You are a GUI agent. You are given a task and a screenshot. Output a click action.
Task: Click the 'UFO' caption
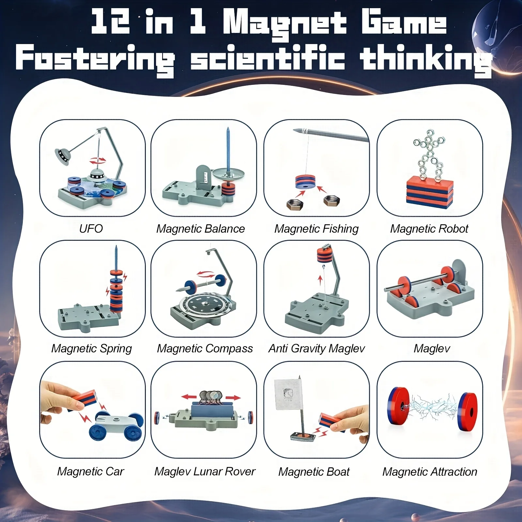point(91,228)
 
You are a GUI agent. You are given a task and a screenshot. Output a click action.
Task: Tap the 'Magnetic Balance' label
point(200,229)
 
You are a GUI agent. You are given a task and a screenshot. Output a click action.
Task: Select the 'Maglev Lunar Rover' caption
point(205,471)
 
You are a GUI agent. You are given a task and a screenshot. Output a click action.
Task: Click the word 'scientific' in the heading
point(268,58)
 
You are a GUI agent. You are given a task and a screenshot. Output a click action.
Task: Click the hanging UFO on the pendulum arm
point(62,156)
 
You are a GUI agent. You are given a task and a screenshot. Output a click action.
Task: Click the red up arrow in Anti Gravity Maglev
point(320,279)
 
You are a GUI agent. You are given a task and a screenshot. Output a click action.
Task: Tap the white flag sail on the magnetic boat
point(288,394)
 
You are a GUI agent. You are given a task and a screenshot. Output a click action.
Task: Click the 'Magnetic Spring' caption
point(91,348)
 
